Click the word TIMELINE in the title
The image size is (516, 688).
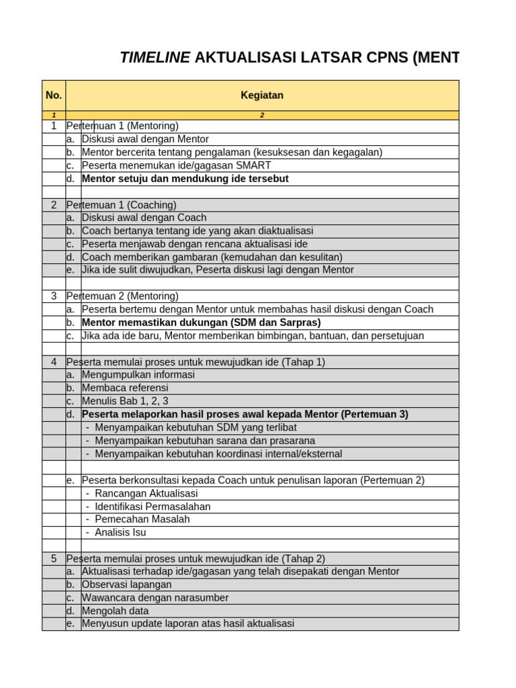click(x=155, y=58)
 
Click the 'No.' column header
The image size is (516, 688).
click(x=54, y=95)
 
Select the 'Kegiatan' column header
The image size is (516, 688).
click(x=262, y=95)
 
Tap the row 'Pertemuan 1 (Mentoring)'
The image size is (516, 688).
click(x=122, y=126)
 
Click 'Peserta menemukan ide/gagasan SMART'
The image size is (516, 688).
click(x=176, y=165)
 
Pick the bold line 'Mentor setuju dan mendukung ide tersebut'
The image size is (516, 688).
click(x=185, y=179)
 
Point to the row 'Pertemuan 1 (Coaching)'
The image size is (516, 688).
click(x=121, y=205)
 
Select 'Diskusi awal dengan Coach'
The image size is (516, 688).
click(x=144, y=218)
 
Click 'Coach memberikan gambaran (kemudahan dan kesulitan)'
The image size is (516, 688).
click(x=212, y=257)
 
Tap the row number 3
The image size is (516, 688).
click(x=54, y=296)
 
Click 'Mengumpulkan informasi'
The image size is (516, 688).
click(x=138, y=375)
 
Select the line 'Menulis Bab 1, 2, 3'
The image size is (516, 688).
click(x=126, y=401)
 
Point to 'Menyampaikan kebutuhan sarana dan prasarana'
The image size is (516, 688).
click(x=205, y=441)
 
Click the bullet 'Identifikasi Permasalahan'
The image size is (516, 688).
click(x=153, y=506)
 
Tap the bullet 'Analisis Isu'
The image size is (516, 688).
click(x=120, y=532)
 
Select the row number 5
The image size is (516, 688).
click(x=54, y=558)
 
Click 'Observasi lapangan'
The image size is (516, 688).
click(x=126, y=585)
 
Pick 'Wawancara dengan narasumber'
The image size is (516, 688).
click(x=155, y=597)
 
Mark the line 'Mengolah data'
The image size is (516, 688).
click(x=115, y=611)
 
